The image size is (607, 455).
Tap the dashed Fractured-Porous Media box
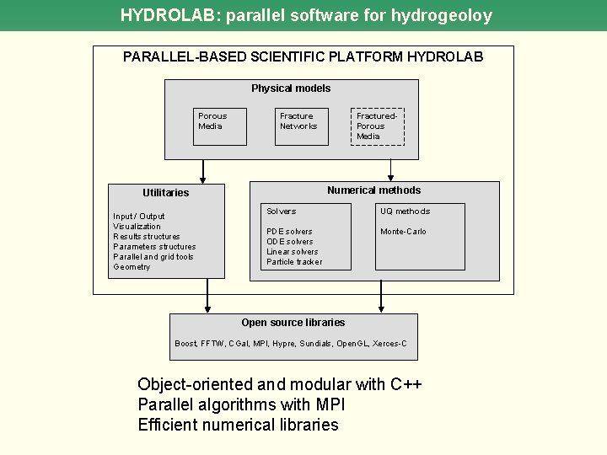pos(377,126)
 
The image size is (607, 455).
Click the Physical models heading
pos(291,88)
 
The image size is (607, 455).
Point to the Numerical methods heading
pos(373,190)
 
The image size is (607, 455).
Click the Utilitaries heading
pos(166,193)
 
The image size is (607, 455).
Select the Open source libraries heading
pos(293,323)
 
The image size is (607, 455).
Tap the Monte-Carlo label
pos(403,232)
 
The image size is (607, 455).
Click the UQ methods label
pos(405,211)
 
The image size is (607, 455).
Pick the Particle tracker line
pos(294,262)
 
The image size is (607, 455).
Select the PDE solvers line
pos(289,232)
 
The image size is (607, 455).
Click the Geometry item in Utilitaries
pos(132,267)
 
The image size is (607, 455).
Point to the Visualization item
pos(137,227)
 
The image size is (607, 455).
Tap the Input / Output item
pos(139,217)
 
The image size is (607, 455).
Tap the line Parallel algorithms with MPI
pos(241,404)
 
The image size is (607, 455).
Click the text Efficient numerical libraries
pos(238,425)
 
